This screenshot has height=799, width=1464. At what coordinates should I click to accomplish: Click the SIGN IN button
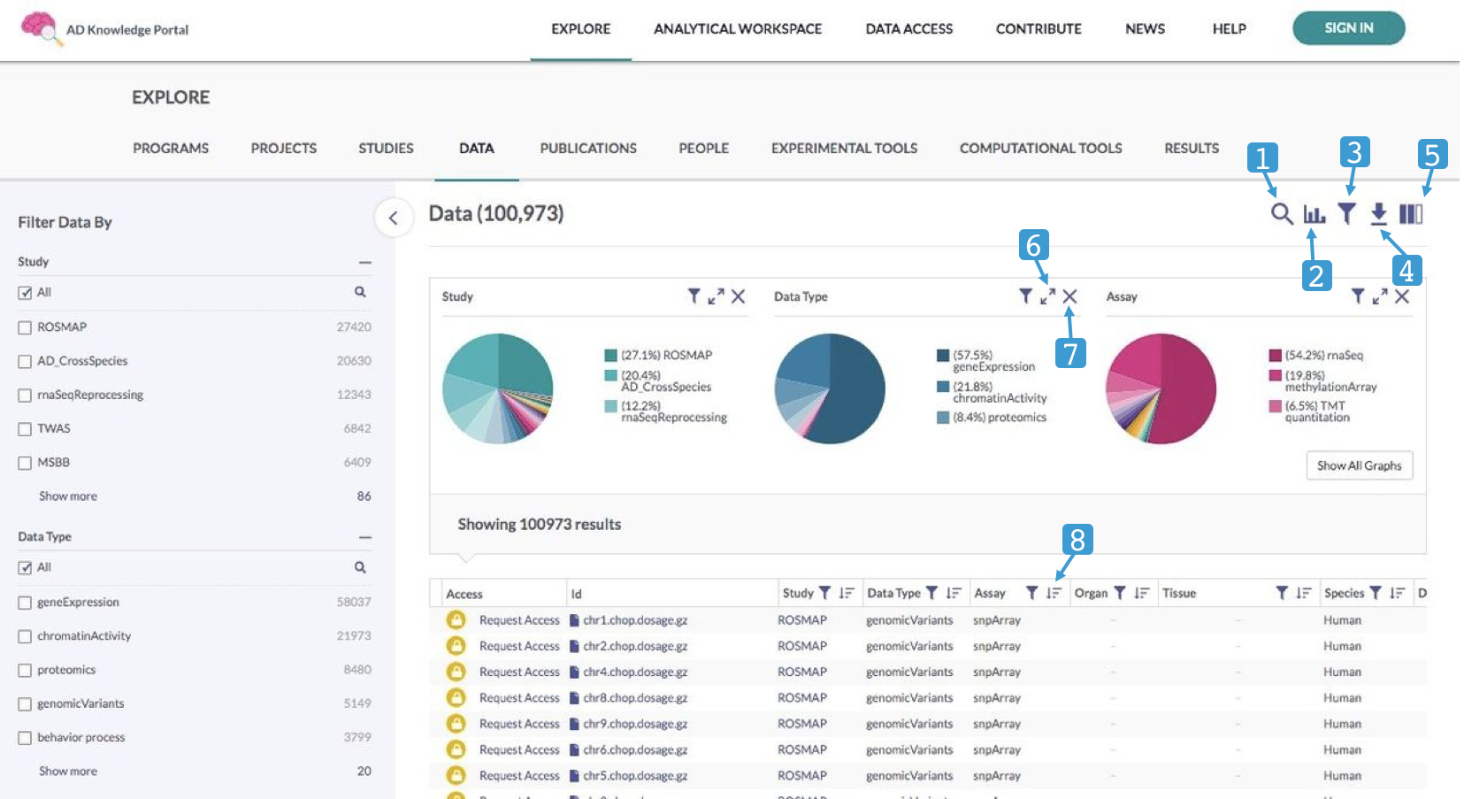(1348, 28)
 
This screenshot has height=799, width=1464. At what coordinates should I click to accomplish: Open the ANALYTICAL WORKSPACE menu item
(737, 29)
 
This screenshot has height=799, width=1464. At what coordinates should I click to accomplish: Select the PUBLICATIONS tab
(588, 149)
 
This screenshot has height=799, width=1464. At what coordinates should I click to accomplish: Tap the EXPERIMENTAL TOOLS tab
(844, 149)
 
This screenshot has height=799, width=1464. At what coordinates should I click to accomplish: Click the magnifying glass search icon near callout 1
(1282, 213)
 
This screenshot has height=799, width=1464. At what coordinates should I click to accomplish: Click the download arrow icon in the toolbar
(1378, 213)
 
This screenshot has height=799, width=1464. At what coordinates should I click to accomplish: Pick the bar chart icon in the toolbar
(1315, 214)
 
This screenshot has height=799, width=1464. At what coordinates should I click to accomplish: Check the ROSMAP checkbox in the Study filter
(25, 327)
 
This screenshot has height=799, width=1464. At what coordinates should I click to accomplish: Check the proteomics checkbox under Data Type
(25, 671)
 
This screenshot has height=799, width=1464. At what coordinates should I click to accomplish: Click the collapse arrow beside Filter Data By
(394, 218)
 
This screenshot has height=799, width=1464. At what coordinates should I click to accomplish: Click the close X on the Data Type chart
(1069, 296)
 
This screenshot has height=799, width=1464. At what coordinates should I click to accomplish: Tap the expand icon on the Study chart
(716, 296)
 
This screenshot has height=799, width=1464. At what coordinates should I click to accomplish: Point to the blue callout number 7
(1070, 354)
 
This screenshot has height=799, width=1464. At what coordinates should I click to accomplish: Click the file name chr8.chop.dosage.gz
(634, 698)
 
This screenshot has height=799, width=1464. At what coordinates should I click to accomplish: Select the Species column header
(1344, 594)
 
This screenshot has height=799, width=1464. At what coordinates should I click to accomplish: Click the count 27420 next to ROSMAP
(354, 327)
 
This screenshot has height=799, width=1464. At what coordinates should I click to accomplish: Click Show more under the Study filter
(68, 496)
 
